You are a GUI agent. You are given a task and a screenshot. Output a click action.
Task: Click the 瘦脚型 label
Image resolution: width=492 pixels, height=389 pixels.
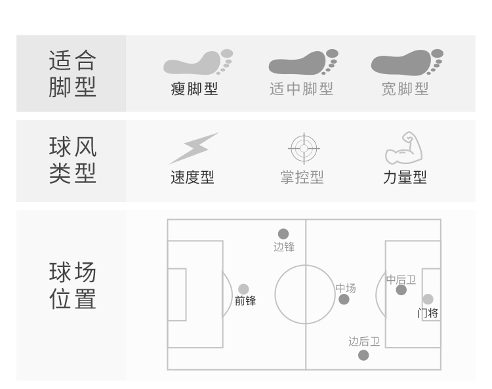[194, 89]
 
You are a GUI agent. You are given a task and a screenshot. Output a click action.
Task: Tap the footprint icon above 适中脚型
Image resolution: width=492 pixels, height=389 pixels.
[302, 62]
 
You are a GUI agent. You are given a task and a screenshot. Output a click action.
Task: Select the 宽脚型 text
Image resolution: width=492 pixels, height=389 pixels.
[405, 89]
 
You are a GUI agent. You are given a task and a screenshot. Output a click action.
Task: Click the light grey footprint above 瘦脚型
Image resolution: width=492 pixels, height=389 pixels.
[197, 62]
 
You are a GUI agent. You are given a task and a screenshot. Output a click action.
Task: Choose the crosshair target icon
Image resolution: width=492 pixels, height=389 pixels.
[304, 150]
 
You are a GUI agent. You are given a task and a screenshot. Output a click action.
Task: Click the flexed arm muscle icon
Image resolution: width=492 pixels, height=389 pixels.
[403, 148]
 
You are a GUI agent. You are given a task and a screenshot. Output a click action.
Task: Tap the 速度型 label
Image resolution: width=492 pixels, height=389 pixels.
[193, 177]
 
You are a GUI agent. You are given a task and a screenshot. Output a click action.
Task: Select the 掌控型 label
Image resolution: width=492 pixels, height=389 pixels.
[302, 177]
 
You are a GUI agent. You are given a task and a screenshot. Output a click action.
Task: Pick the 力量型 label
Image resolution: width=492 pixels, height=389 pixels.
[405, 177]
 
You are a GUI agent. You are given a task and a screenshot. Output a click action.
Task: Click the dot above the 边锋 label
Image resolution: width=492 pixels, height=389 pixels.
[283, 234]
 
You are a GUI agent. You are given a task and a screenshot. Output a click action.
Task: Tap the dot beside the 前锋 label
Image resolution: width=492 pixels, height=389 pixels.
[243, 289]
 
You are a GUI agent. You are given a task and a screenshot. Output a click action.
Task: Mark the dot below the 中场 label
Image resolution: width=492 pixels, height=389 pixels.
[344, 300]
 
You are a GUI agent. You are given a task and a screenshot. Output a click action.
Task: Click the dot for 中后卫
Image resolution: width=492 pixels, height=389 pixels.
[401, 290]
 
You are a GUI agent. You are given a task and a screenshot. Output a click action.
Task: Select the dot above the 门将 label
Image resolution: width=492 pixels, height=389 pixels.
[428, 300]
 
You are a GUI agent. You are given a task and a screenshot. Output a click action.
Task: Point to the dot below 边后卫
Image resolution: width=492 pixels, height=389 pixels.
[363, 356]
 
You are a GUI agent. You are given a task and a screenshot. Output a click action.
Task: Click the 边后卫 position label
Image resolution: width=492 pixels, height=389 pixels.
[364, 342]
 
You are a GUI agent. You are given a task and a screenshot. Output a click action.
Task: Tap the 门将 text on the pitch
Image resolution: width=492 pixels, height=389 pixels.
[428, 314]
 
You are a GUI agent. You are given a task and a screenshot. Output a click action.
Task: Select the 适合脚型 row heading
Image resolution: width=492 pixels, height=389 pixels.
[73, 73]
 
